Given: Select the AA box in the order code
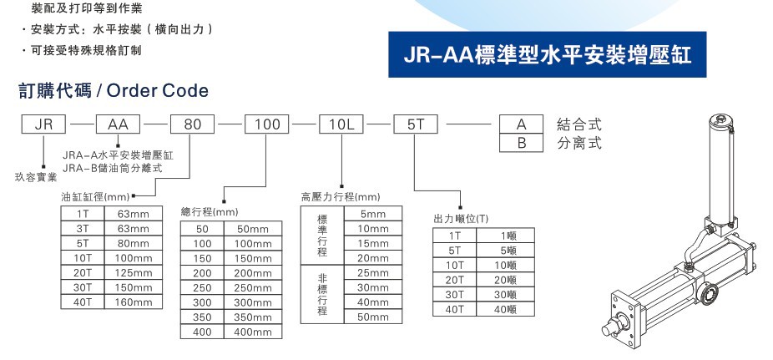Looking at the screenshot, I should tap(119, 124).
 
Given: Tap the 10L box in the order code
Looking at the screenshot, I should tap(342, 124).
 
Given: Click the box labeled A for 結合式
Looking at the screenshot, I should tap(522, 124).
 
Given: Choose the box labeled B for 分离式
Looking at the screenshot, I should tap(522, 142).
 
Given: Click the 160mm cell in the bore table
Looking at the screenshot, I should tap(133, 302).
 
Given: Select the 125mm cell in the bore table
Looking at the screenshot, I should tap(133, 273).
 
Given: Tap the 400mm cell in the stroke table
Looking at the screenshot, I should tap(253, 332).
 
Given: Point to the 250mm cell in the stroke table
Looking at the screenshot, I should tap(253, 287).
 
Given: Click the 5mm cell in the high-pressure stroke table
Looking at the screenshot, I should tap(372, 214).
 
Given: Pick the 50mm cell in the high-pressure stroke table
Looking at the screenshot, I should tap(372, 317).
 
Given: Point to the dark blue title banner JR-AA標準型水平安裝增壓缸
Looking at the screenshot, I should tap(553, 54).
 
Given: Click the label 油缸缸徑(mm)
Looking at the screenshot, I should tap(94, 197).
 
